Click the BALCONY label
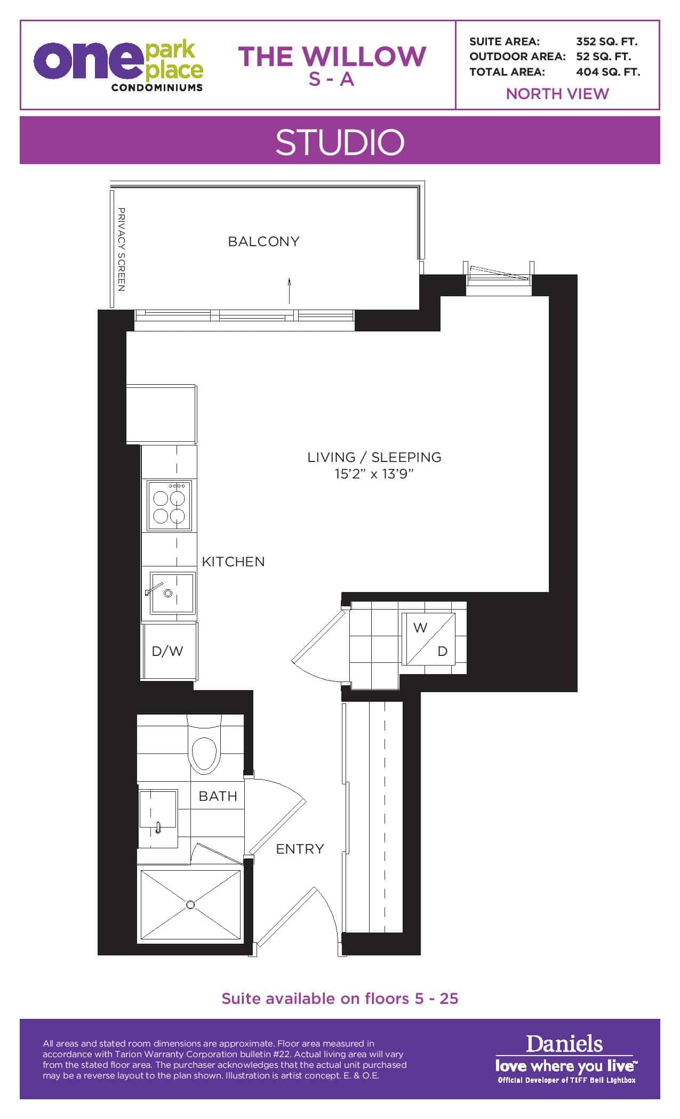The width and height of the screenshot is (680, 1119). [263, 241]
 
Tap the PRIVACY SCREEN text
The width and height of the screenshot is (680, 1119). [122, 249]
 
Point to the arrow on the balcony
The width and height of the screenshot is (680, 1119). [289, 290]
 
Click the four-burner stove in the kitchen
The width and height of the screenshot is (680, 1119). [169, 505]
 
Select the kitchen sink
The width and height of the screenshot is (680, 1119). [172, 593]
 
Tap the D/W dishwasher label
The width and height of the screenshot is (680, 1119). [167, 651]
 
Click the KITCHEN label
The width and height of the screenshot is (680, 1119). [233, 562]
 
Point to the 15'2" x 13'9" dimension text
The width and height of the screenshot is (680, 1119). [374, 474]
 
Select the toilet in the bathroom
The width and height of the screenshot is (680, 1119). [204, 747]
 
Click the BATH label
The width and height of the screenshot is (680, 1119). [218, 796]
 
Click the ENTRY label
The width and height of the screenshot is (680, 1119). [300, 849]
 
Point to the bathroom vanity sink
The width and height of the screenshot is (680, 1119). [158, 818]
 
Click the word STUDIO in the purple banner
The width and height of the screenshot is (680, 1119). [340, 142]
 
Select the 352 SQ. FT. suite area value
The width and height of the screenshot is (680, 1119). [607, 42]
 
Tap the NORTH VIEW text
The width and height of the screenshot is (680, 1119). [557, 94]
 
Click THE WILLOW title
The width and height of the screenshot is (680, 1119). [332, 56]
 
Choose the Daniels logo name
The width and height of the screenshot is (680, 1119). [564, 1044]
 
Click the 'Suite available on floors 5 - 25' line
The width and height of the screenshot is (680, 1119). [340, 998]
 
